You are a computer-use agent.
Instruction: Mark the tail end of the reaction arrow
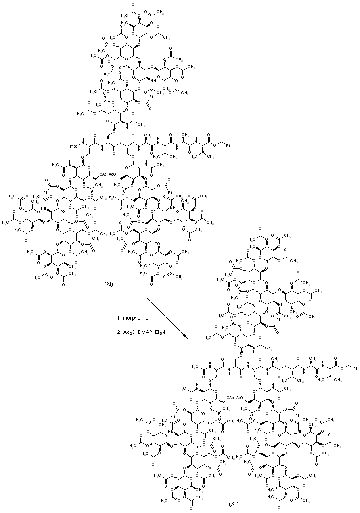(x=146, y=298)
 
